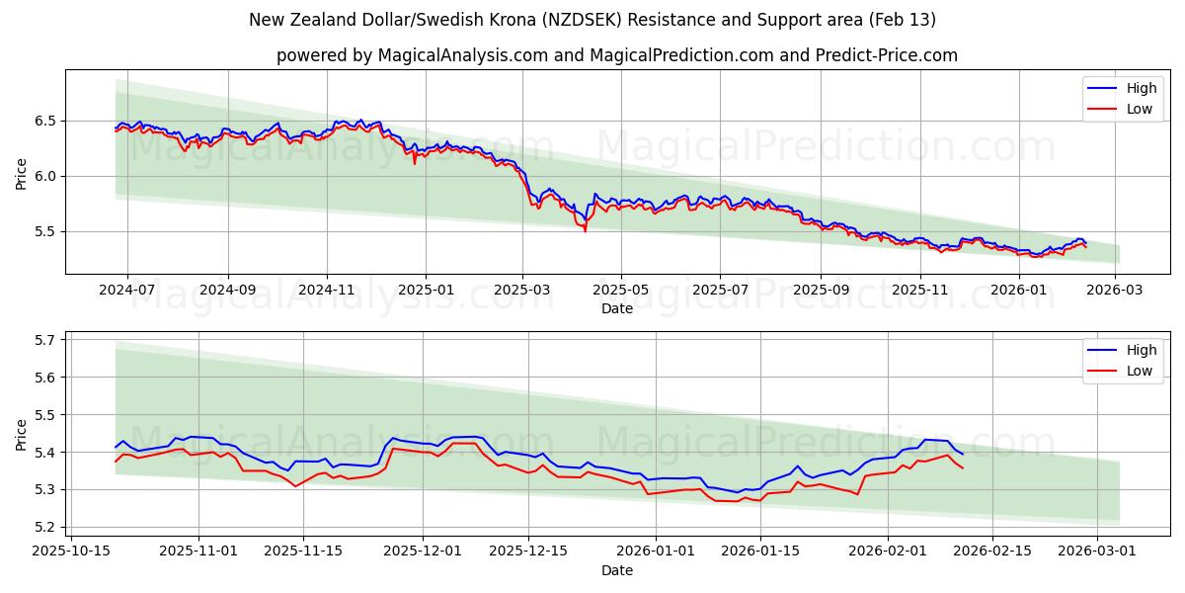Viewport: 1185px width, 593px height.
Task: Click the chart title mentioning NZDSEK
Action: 592,20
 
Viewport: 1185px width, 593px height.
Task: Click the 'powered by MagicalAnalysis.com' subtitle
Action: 616,55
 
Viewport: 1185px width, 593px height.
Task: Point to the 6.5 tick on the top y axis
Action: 45,121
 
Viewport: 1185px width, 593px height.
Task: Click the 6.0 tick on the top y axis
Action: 45,176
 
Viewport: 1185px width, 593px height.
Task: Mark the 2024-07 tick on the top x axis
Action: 128,290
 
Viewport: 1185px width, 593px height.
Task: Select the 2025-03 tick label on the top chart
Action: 522,290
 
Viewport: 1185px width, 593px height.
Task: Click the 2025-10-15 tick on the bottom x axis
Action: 71,551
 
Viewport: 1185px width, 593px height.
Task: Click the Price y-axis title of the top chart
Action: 22,172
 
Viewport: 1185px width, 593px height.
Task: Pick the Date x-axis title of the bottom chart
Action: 617,570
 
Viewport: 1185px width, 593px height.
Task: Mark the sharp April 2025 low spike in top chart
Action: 586,230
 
